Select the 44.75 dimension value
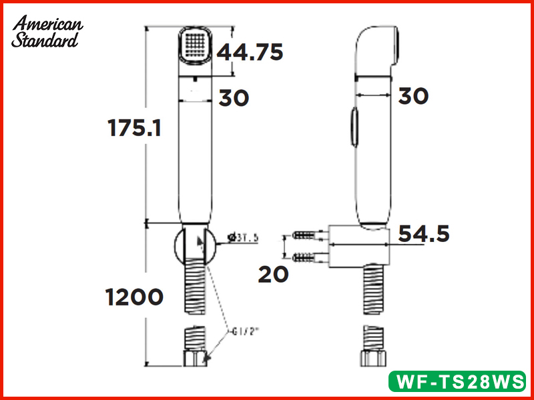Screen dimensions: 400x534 (x=250, y=51)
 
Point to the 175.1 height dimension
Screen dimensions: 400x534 (x=134, y=127)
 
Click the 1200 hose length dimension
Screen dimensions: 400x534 (x=133, y=297)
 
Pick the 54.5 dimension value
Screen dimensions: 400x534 (x=424, y=234)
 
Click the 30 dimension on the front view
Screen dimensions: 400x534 (x=234, y=98)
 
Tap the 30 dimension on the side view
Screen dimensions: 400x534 (x=413, y=96)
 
